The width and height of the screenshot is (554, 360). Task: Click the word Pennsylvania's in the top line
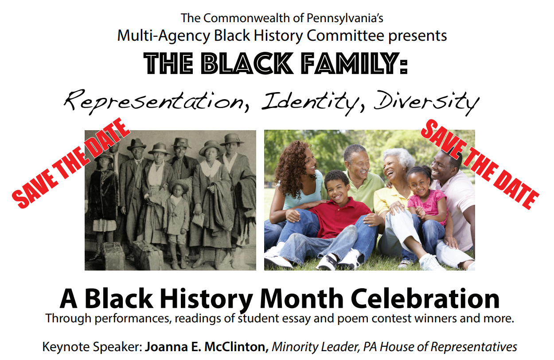pos(345,18)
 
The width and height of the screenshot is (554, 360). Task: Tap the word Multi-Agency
pos(164,36)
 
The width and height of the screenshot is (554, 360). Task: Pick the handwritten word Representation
pos(156,102)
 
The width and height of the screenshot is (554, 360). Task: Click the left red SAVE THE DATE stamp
pos(71,163)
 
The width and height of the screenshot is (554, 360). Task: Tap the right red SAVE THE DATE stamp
pos(480,164)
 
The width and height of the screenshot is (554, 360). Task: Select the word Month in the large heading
pos(301,299)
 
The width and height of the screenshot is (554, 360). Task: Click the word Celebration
pos(425,299)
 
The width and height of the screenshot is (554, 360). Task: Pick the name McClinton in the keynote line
pos(236,347)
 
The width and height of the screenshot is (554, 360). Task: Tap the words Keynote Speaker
pos(93,347)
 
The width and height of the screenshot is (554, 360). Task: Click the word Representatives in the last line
pos(474,347)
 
